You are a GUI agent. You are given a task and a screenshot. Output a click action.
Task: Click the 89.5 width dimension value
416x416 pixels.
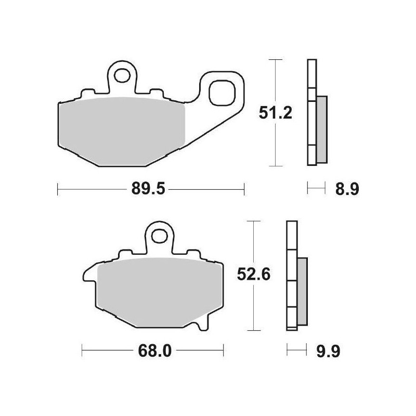pyautogui.click(x=151, y=189)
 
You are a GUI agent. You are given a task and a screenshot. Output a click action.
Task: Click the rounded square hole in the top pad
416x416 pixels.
pyautogui.click(x=220, y=94)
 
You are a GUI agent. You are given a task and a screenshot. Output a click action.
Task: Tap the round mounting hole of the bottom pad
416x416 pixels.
pyautogui.click(x=160, y=238)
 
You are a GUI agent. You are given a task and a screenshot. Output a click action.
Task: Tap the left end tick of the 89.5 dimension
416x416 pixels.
pyautogui.click(x=57, y=189)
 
